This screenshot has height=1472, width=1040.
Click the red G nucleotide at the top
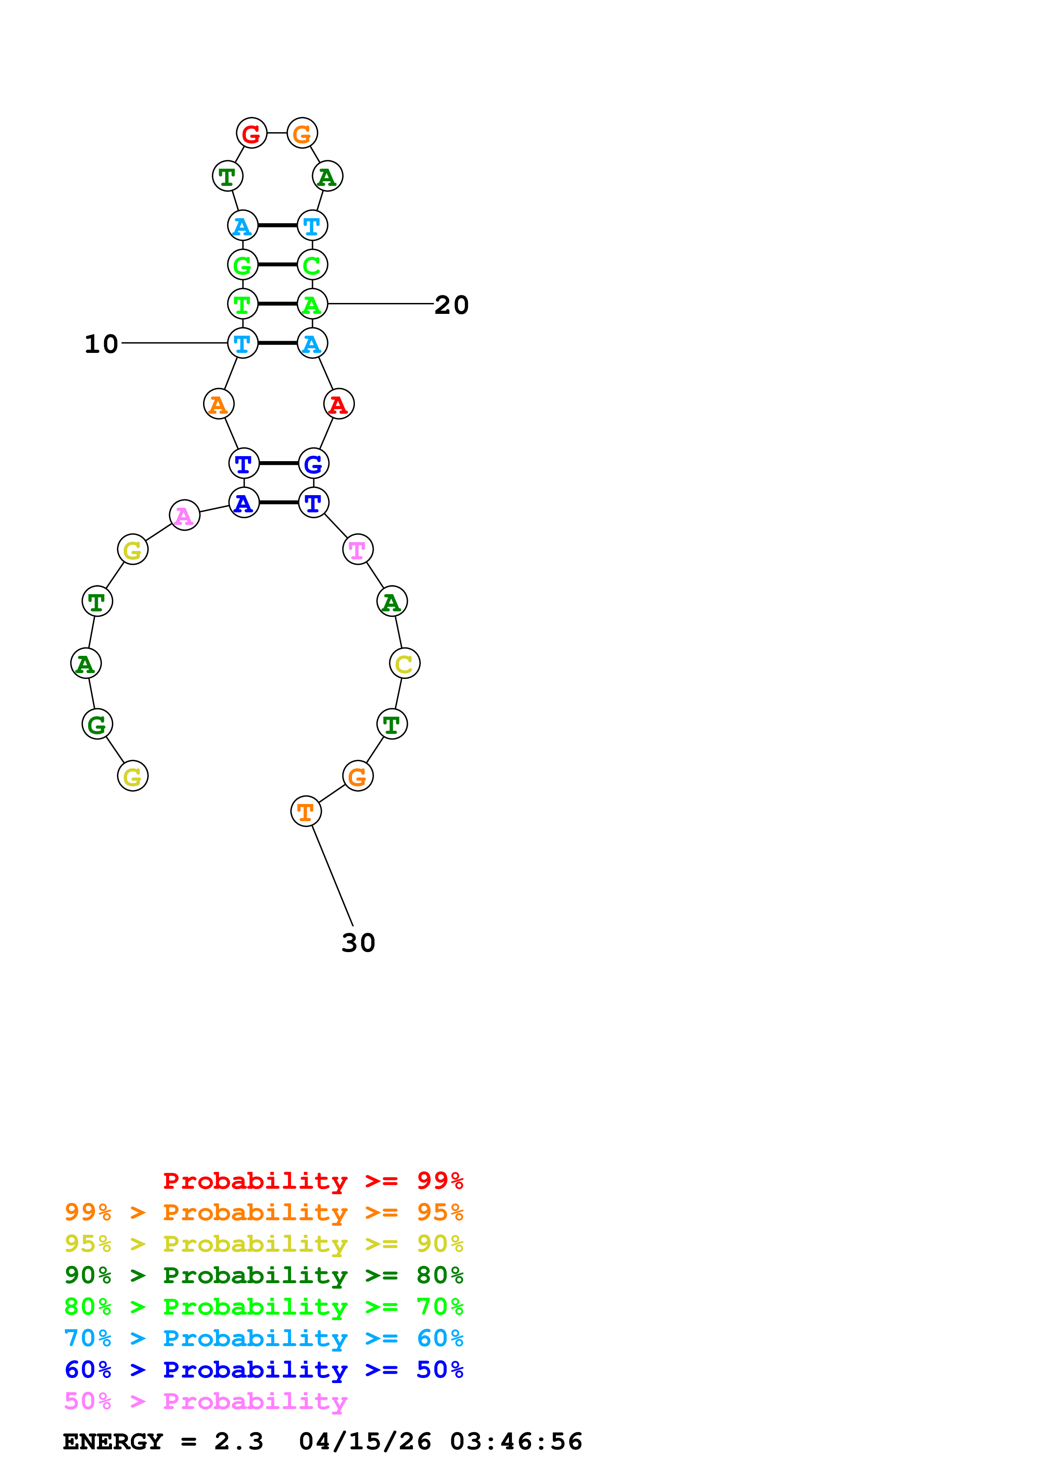[x=251, y=133]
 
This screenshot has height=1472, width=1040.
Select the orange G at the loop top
[x=302, y=133]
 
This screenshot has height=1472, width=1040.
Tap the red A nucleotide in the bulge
[x=338, y=405]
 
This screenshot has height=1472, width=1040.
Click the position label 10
[x=101, y=344]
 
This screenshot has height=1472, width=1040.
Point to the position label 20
[x=452, y=305]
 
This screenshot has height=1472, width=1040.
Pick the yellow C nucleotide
[x=404, y=663]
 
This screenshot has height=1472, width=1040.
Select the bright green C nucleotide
[x=312, y=265]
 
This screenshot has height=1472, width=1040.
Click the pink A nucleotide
[x=185, y=515]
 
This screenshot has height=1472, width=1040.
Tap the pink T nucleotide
[x=357, y=549]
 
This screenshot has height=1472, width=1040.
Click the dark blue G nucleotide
[x=313, y=464]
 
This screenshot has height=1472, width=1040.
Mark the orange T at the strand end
[x=306, y=812]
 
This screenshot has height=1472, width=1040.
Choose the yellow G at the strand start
[x=133, y=776]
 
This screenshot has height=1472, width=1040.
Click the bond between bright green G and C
[x=277, y=265]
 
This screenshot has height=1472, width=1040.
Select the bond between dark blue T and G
[x=278, y=464]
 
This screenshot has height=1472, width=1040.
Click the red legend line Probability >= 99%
[x=313, y=1181]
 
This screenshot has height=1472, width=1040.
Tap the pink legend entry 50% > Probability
[x=206, y=1402]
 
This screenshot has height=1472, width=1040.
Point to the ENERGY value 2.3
[x=238, y=1442]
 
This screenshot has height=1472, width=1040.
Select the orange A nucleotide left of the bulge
[x=219, y=405]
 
